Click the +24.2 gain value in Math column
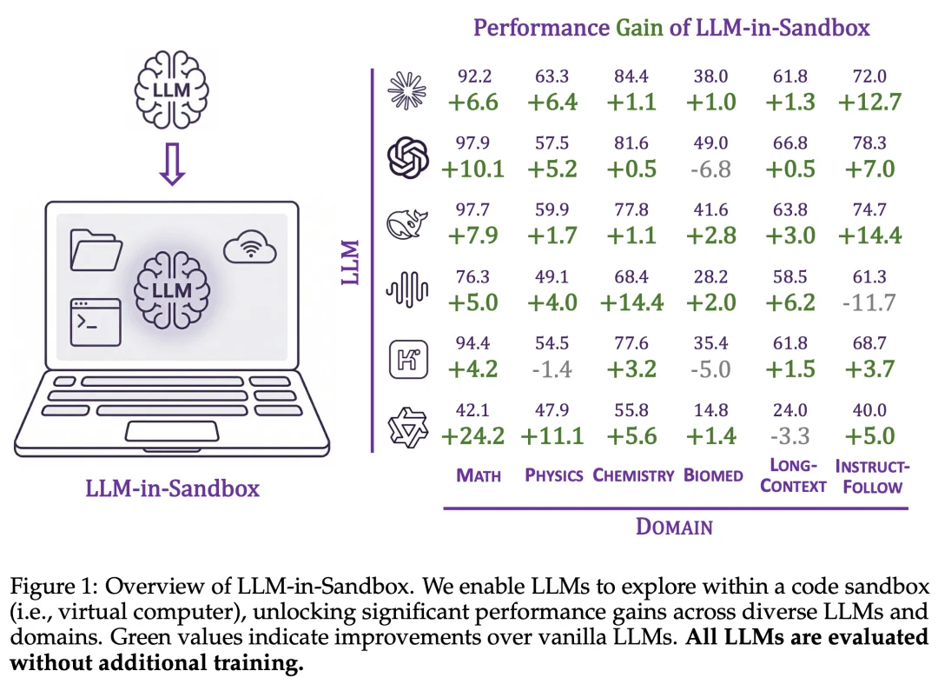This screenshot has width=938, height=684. coord(473,435)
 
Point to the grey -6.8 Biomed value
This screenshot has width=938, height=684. coord(710,169)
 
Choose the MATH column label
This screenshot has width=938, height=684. coord(479,475)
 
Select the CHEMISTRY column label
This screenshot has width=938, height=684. coord(633,475)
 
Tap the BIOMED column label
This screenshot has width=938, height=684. coord(713,475)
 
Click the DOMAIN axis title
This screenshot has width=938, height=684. coord(674,527)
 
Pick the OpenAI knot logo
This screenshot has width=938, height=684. coord(408,158)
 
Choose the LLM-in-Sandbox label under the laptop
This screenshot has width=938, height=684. coord(172,488)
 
